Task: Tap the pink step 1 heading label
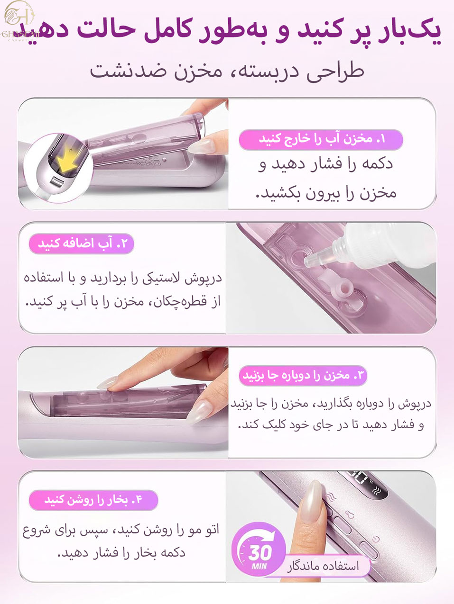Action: (321, 140)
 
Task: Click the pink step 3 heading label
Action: (303, 376)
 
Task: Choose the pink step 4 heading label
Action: (93, 500)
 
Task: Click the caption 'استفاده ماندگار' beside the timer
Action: (323, 566)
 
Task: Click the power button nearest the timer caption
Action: (369, 550)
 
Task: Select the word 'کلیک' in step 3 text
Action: (275, 425)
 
